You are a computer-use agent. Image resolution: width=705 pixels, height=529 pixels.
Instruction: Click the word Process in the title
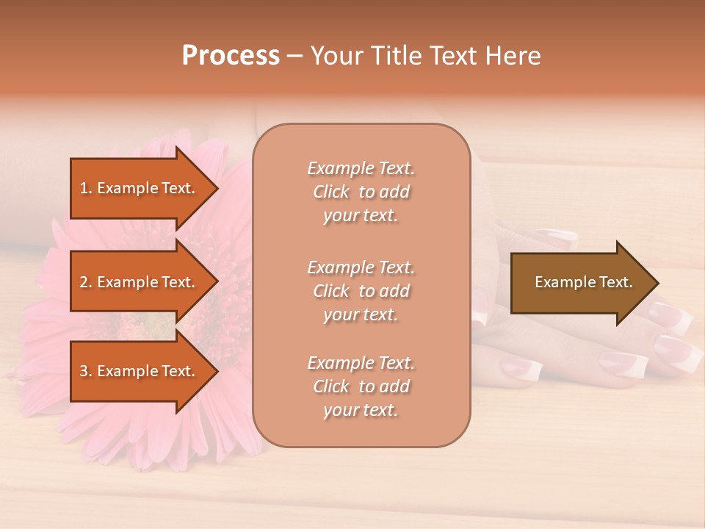tap(231, 56)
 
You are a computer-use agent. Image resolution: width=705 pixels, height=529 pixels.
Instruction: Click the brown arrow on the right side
tap(580, 282)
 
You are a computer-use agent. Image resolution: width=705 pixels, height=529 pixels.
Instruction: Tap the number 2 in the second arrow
tap(83, 282)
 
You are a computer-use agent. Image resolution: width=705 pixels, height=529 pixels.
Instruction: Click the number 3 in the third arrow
tap(83, 371)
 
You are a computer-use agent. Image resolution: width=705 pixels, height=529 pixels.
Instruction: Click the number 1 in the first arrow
tap(83, 188)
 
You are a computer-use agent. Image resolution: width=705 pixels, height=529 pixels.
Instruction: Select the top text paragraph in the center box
tap(361, 192)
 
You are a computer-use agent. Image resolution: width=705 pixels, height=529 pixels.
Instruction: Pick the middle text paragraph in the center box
tap(361, 291)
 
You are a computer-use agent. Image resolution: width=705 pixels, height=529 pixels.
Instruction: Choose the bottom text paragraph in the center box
tap(361, 386)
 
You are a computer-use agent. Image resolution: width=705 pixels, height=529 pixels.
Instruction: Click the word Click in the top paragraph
tap(331, 192)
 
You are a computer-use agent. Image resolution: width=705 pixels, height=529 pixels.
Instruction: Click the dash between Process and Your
tap(295, 56)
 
